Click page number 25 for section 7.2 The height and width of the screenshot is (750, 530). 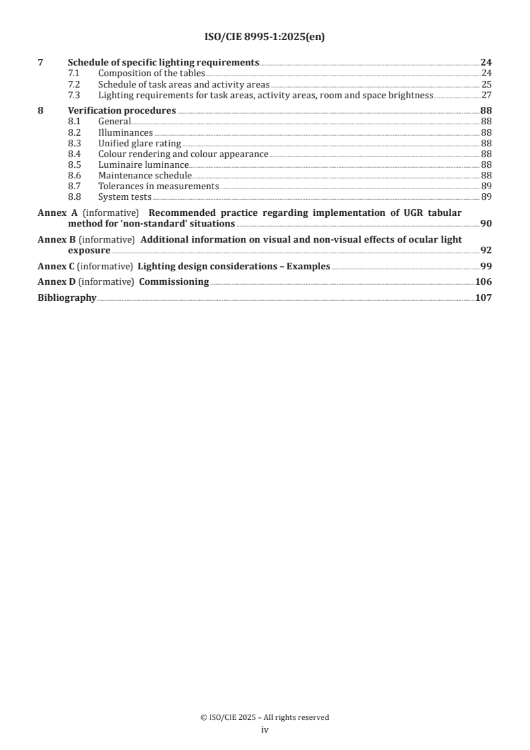[x=487, y=84]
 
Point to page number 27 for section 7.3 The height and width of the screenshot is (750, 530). [x=487, y=95]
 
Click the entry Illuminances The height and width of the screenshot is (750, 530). [x=126, y=132]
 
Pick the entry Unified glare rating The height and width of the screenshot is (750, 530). [x=140, y=143]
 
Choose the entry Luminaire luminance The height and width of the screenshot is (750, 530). [x=143, y=164]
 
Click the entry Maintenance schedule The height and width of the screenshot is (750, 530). [x=144, y=175]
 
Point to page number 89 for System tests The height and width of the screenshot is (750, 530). [x=487, y=197]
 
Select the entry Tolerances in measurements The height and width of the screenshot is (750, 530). [x=158, y=186]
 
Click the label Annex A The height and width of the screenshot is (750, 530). [x=55, y=213]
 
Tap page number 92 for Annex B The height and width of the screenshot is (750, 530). [x=487, y=250]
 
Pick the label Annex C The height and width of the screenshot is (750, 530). [x=55, y=265]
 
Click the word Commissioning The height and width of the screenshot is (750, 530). [x=174, y=281]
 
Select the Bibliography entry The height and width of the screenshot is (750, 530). [x=67, y=297]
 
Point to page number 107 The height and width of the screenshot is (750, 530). [x=483, y=297]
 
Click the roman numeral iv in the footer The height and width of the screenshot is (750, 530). [x=265, y=730]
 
